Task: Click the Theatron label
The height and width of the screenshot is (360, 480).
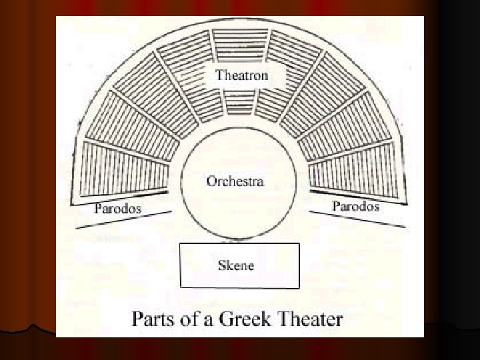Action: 241,75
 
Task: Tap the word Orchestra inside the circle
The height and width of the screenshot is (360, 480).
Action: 235,181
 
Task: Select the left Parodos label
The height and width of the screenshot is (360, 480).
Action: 118,208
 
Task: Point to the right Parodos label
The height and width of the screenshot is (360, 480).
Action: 355,206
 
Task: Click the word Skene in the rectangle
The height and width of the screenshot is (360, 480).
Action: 236,266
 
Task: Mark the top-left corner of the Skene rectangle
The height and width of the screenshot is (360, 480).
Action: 181,244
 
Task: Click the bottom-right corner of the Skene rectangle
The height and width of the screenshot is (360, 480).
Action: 299,287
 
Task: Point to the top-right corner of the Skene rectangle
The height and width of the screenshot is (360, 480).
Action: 299,244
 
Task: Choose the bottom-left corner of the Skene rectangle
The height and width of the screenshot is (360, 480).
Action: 181,287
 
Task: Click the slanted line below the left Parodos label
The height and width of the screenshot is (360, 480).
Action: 124,220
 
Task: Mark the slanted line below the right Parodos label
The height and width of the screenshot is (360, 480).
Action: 357,218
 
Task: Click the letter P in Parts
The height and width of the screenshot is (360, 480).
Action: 138,318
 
